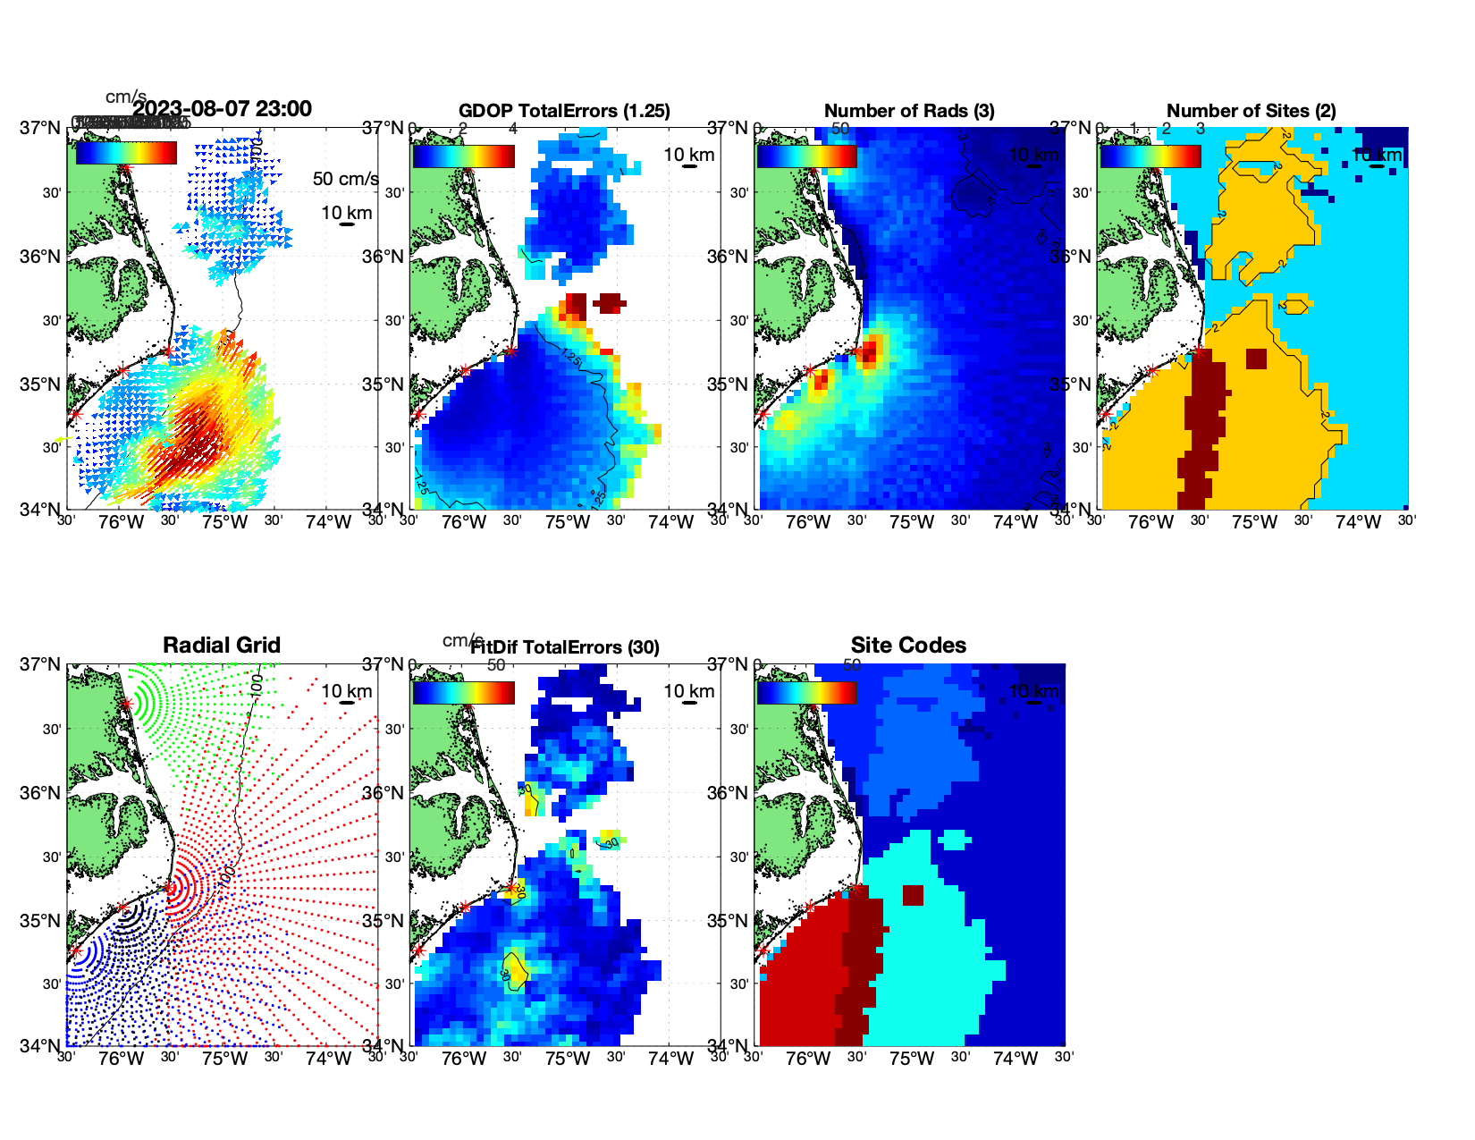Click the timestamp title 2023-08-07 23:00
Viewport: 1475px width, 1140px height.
pos(222,109)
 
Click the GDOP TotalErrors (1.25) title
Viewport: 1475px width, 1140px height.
pos(564,111)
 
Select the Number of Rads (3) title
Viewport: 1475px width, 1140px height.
pos(909,111)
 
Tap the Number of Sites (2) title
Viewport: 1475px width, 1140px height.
pos(1252,111)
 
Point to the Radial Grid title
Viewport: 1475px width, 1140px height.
pos(222,646)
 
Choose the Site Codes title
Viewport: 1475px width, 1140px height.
pos(908,646)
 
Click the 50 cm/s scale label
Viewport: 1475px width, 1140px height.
pos(345,179)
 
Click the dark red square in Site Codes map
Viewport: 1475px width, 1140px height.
pos(913,895)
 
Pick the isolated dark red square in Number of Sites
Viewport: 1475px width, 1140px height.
pos(1256,359)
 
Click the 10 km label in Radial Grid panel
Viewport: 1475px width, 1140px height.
pos(346,691)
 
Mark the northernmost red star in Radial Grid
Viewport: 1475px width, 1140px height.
pos(126,704)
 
